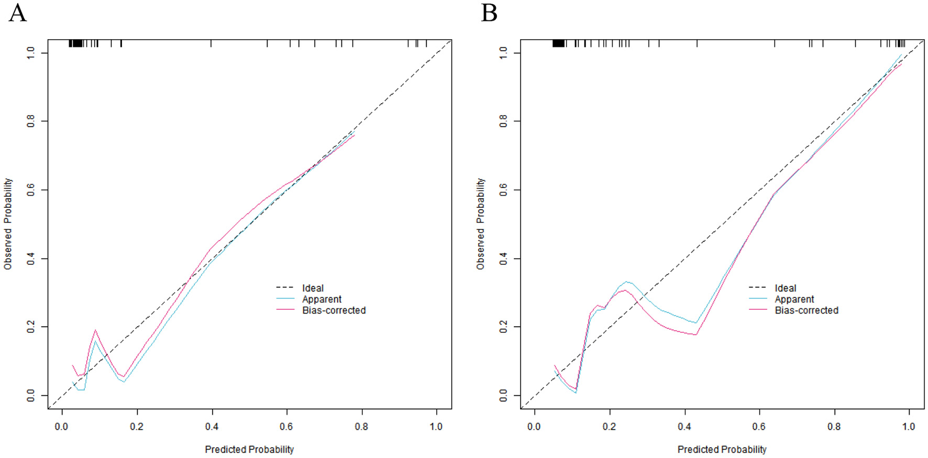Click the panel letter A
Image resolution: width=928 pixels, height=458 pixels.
pos(17,13)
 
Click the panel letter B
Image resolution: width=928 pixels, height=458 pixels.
pos(489,13)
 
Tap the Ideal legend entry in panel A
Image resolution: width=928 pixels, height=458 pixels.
pos(313,288)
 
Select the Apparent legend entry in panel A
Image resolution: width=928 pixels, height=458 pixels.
pos(322,299)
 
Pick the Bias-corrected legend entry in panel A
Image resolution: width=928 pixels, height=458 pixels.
pos(334,310)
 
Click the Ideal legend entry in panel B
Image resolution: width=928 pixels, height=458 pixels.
pos(785,288)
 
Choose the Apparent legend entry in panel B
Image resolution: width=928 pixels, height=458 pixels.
pos(794,299)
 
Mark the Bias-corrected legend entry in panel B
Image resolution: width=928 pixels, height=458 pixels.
pos(807,310)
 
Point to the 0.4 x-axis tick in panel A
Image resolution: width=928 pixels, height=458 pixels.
pos(212,427)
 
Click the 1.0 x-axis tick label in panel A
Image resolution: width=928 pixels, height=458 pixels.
pos(436,427)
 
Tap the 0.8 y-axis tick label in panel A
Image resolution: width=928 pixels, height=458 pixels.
pos(31,121)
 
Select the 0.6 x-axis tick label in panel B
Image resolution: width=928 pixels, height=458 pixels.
pos(759,427)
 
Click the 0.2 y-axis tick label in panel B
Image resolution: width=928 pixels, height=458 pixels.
pos(503,327)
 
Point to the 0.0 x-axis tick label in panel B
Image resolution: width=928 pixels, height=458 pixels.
pos(534,427)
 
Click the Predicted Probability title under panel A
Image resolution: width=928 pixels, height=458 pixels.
pos(249,449)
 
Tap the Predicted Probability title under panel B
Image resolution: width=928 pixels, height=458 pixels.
pos(722,449)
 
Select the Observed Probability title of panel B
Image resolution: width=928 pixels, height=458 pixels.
pos(480,224)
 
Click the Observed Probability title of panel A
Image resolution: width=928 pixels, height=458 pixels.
pos(8,224)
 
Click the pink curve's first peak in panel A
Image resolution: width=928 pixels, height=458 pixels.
pos(95,330)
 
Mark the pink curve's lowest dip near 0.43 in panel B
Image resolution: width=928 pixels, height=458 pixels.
pos(695,334)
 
